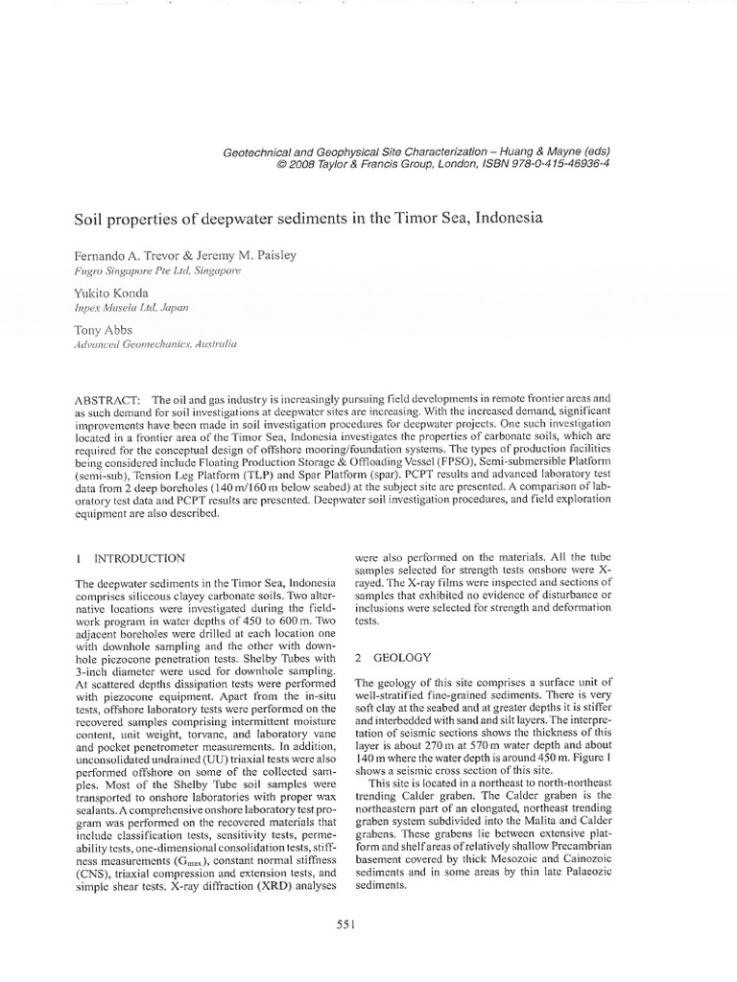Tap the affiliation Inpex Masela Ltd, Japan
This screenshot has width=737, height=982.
point(132,310)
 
